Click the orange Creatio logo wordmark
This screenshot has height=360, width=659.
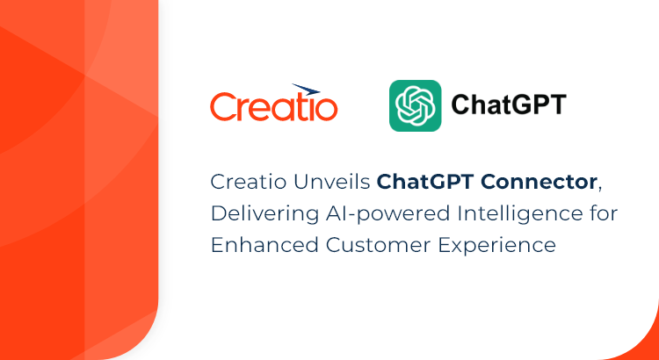273,107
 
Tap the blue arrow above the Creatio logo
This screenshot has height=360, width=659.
306,89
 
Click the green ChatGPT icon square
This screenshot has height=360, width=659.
416,105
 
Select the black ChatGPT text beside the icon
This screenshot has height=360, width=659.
509,105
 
